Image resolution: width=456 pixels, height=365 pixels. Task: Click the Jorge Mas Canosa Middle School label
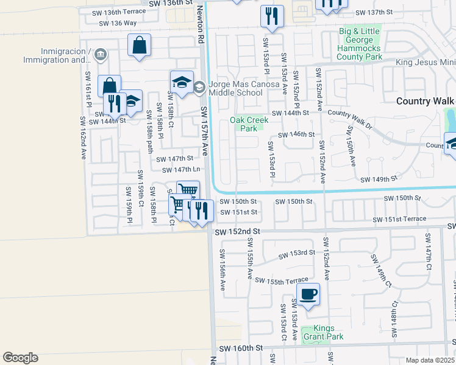[x=235, y=88]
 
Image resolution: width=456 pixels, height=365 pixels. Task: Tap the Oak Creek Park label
[x=248, y=124]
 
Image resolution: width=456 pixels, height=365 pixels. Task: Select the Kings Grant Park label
[x=326, y=332]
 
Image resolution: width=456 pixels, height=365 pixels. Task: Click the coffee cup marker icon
[x=308, y=294]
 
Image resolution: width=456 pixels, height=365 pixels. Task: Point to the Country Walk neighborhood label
[x=426, y=101]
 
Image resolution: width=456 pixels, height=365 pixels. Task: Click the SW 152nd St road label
[x=237, y=232]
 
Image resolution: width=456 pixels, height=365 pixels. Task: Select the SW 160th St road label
[x=240, y=348]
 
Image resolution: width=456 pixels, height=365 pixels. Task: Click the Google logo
[x=20, y=357]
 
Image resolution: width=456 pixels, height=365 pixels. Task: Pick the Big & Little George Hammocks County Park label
[x=361, y=44]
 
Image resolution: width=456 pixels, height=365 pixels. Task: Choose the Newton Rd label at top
[x=199, y=24]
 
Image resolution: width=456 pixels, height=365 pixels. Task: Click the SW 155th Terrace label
[x=282, y=280]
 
